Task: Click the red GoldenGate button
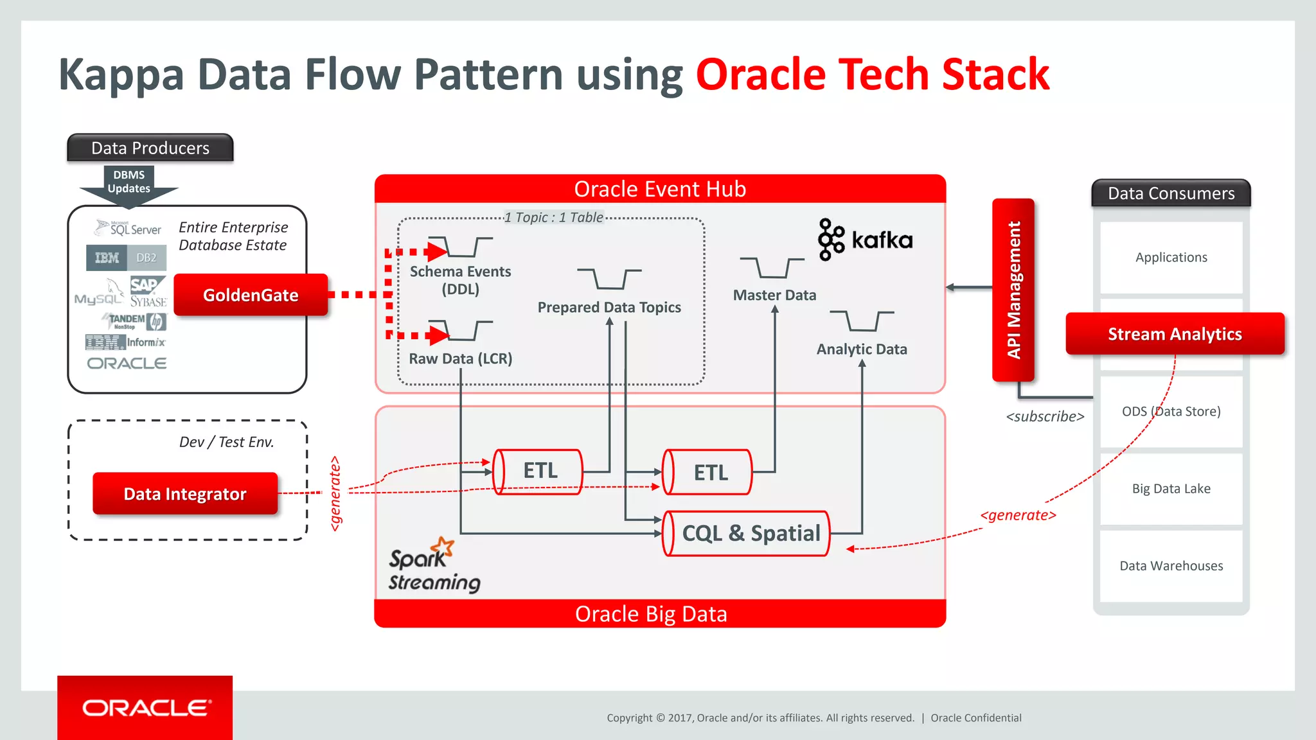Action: [251, 295]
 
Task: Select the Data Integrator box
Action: [185, 493]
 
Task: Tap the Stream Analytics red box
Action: [1175, 334]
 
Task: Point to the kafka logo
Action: [865, 240]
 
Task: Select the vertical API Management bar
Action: [1013, 290]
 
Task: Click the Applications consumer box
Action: [1171, 258]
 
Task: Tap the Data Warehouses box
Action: [1171, 566]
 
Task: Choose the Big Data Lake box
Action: [1171, 489]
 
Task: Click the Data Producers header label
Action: [150, 148]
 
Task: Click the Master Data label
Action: [774, 295]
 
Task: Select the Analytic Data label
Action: [862, 349]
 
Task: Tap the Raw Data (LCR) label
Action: [460, 359]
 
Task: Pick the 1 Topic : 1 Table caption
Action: [553, 218]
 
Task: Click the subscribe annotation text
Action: [1045, 417]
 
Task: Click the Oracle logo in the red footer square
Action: [145, 708]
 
